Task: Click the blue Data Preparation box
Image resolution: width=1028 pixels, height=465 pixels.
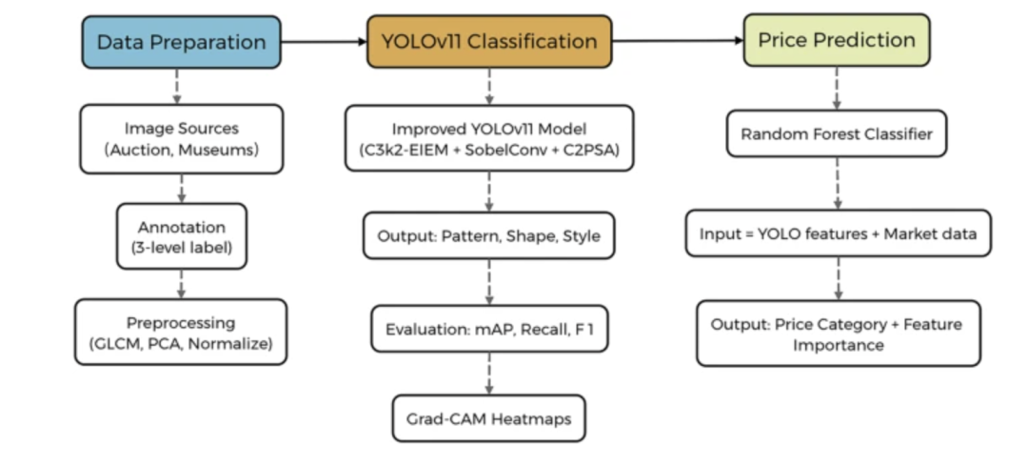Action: [x=181, y=42]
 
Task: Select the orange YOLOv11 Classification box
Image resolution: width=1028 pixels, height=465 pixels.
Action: [x=489, y=42]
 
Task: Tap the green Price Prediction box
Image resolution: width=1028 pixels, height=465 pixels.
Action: [x=837, y=40]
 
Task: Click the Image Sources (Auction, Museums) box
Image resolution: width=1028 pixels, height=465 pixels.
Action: [x=181, y=139]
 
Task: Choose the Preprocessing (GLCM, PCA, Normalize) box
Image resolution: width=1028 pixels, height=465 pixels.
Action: [x=181, y=332]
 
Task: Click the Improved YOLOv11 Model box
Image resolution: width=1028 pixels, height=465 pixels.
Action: [x=489, y=139]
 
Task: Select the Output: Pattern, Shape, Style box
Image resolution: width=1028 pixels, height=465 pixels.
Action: [x=489, y=235]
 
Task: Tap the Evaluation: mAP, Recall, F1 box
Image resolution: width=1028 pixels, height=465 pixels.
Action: [x=489, y=331]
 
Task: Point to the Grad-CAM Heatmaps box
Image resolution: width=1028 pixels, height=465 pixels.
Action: [x=489, y=417]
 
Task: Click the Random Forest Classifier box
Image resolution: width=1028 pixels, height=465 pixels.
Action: [x=838, y=135]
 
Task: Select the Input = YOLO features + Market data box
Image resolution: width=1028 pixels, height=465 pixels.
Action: [x=838, y=234]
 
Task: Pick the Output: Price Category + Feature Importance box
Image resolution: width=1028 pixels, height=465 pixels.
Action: [x=838, y=334]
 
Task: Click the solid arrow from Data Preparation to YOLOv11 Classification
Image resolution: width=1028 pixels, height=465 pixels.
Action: [x=324, y=42]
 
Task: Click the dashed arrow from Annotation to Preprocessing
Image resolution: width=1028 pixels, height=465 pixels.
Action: [x=181, y=283]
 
